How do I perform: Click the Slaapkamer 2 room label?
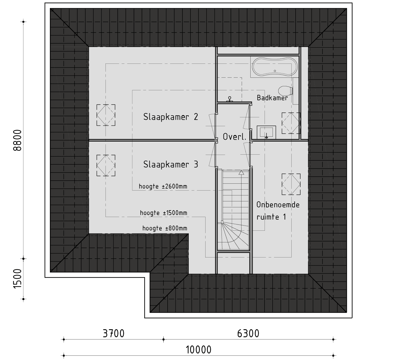pos(171,117)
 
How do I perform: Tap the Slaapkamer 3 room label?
pos(171,164)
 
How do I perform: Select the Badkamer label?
pos(272,98)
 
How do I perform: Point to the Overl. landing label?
pos(235,137)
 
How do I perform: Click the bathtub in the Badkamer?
pos(275,67)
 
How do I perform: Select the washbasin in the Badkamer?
pos(266,132)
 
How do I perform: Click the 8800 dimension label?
pos(17,140)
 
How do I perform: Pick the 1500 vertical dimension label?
pos(17,279)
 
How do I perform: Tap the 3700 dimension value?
pos(113,334)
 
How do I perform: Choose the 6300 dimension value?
pos(248,334)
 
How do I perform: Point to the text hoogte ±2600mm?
pos(163,186)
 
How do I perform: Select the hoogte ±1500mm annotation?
pos(164,213)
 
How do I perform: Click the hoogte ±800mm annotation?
pos(165,228)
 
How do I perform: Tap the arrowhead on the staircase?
pos(241,173)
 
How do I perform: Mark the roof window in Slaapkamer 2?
pos(106,115)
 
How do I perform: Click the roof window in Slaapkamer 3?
pos(106,165)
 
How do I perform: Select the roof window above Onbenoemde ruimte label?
pos(291,184)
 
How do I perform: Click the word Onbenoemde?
pos(278,205)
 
